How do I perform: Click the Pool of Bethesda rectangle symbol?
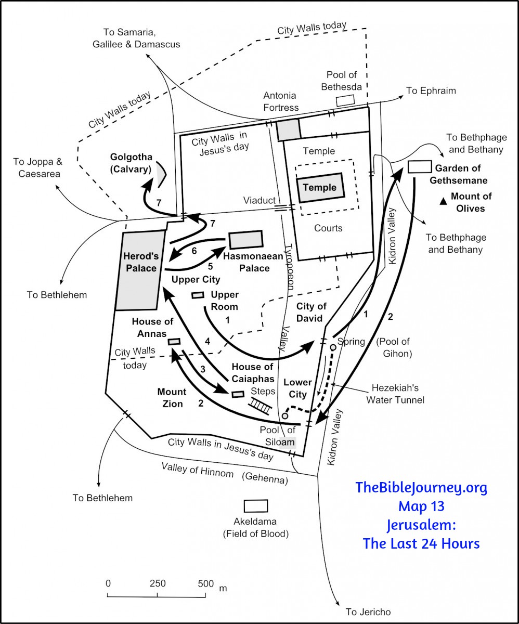pyautogui.click(x=345, y=101)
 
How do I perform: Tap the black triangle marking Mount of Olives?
pyautogui.click(x=443, y=201)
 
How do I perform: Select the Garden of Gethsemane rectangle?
pyautogui.click(x=420, y=166)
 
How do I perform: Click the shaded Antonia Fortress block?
pyautogui.click(x=289, y=129)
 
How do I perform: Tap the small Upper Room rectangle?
pyautogui.click(x=198, y=295)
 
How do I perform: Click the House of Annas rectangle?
pyautogui.click(x=174, y=342)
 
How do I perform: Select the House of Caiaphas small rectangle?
pyautogui.click(x=238, y=394)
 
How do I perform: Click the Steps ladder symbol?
pyautogui.click(x=259, y=405)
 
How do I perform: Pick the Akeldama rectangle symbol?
pyautogui.click(x=256, y=506)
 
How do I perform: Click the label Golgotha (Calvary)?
pyautogui.click(x=130, y=162)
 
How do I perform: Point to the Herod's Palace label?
pyautogui.click(x=140, y=262)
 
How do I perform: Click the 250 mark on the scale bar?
pyautogui.click(x=158, y=583)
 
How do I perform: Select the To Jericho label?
pyautogui.click(x=368, y=612)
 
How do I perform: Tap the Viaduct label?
pyautogui.click(x=259, y=201)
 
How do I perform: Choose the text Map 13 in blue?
pyautogui.click(x=421, y=506)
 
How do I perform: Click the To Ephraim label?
pyautogui.click(x=431, y=91)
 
